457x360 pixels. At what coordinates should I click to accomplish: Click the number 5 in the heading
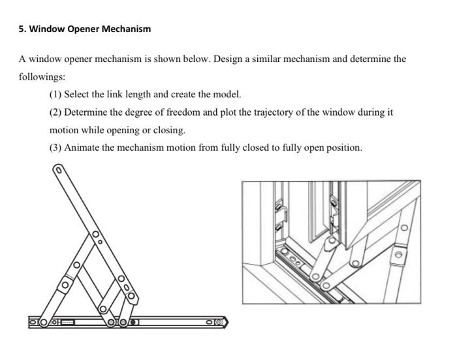tap(22, 29)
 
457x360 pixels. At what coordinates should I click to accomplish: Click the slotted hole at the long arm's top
tap(58, 172)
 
